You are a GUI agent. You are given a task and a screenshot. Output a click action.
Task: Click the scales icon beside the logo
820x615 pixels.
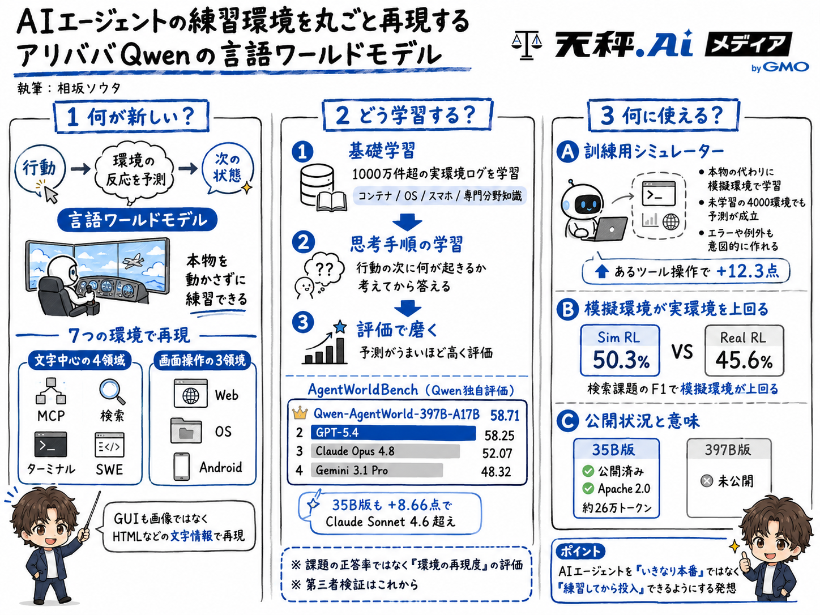(526, 45)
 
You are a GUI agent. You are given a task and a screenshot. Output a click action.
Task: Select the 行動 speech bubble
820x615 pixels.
(40, 170)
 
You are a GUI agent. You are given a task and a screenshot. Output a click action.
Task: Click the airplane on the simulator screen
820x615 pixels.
(134, 260)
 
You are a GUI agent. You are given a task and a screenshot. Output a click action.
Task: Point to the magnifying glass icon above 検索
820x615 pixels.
(112, 391)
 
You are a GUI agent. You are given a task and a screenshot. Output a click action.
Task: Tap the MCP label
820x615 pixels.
(51, 416)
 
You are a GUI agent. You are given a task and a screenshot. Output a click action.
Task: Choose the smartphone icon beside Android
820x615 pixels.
(182, 467)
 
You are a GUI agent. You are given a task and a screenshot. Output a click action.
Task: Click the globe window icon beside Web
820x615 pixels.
(190, 393)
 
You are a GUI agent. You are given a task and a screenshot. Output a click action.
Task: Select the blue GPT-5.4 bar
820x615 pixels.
(394, 433)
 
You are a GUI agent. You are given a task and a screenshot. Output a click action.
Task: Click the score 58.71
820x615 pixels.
(505, 415)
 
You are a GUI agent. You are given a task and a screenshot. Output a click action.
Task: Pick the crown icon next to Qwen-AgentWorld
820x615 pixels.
(300, 413)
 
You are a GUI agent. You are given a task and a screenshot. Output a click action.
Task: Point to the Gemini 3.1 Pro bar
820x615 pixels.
(377, 470)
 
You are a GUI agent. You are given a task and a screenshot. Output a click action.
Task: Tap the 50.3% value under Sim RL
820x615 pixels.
(621, 360)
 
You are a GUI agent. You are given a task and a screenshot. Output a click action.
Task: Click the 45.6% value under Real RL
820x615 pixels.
(744, 360)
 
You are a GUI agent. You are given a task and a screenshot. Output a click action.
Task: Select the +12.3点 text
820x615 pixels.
(748, 271)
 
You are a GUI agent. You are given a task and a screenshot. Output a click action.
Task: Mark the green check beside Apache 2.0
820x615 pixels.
(588, 488)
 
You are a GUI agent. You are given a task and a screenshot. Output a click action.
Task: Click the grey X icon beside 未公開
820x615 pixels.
(706, 481)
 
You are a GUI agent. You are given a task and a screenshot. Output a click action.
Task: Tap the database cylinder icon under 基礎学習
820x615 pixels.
(317, 185)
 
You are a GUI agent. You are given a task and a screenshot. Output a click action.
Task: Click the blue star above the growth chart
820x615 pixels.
(340, 327)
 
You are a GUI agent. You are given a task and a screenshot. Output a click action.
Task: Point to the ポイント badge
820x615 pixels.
(580, 551)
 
